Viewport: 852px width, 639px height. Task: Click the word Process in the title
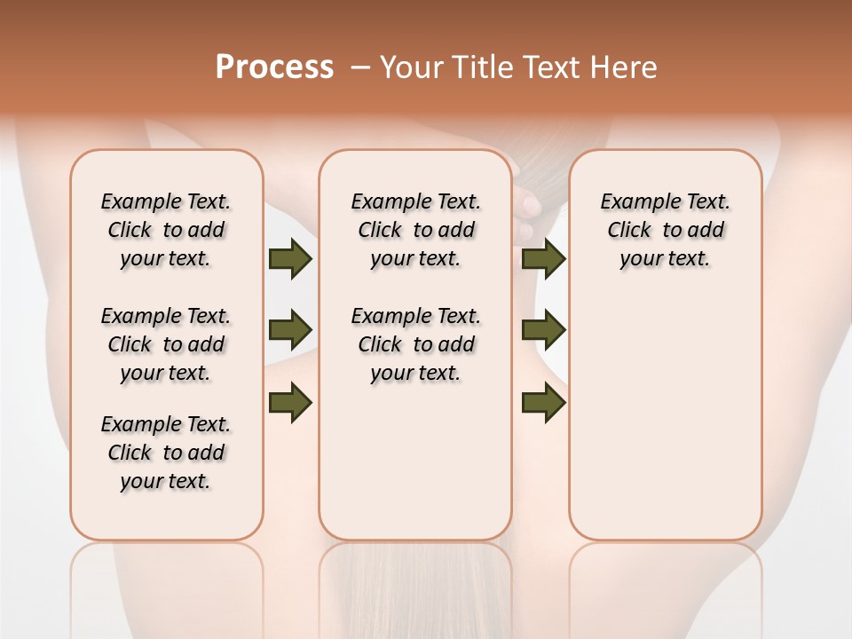274,67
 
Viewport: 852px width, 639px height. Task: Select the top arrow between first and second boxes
290,259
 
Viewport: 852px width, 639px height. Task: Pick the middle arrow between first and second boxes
290,331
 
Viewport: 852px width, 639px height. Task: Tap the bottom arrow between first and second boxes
290,403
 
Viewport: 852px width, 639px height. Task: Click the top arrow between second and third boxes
543,259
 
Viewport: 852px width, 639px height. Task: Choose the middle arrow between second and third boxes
543,331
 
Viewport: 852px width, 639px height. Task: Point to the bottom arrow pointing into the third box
543,403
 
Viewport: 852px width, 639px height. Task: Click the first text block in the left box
166,230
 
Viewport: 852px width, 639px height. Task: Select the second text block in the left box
166,344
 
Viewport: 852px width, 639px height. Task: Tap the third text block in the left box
166,453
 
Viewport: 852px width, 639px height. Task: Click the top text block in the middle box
415,230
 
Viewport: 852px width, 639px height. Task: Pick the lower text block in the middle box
415,344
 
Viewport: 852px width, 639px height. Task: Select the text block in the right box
665,230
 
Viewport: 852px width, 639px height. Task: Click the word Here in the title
626,67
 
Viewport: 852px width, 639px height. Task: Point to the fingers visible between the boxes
530,213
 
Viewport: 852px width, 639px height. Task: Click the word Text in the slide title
555,67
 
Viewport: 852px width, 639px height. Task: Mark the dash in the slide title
361,67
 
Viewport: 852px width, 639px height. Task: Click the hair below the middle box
415,586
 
